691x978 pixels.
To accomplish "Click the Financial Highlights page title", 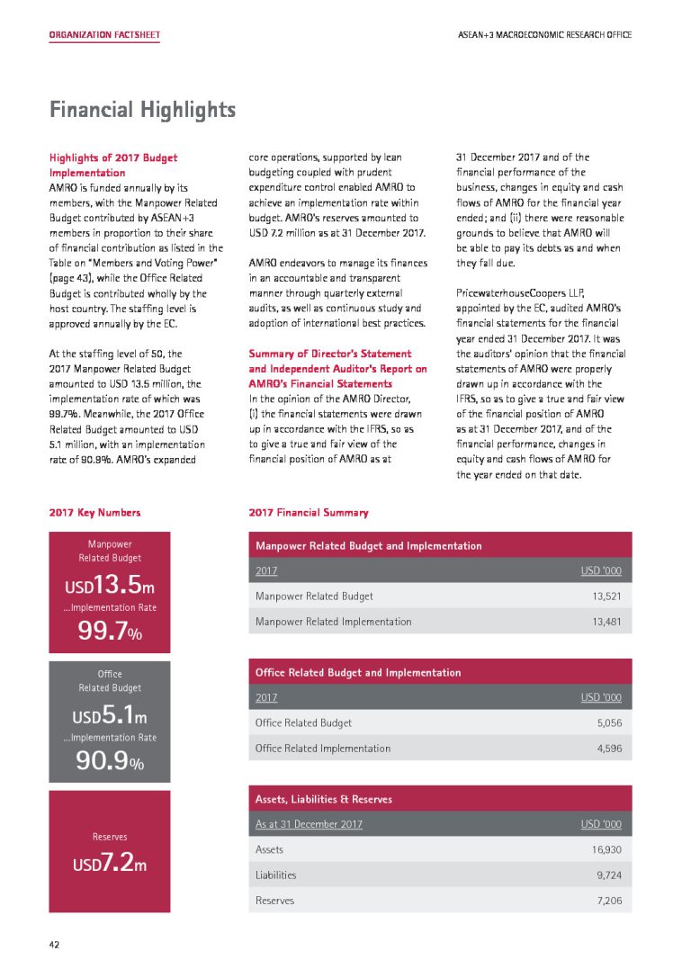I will click(x=142, y=111).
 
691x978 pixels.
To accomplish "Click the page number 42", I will click(x=55, y=945).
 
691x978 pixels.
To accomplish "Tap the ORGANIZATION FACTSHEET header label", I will click(x=104, y=35).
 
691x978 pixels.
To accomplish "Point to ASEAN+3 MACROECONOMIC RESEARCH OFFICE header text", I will click(x=543, y=35).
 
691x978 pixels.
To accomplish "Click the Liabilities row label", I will click(x=275, y=875).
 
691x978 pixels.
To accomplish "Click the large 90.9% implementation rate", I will click(x=110, y=765).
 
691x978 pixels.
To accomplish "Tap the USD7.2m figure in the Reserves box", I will click(x=110, y=865).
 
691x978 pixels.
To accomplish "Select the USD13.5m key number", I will click(x=110, y=588).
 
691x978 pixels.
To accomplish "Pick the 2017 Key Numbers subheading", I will click(x=94, y=513).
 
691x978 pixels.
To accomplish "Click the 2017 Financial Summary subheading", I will click(x=308, y=513).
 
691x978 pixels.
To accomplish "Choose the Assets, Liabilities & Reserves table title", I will click(x=324, y=799).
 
